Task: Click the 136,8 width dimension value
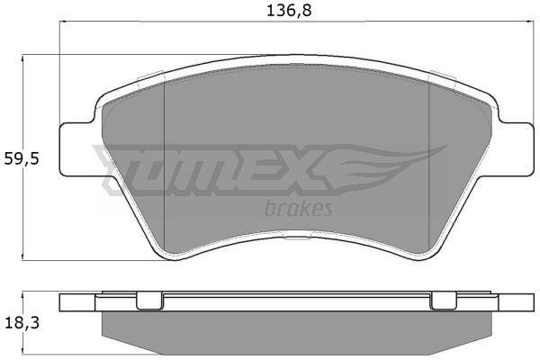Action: click(x=289, y=11)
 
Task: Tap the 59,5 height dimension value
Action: click(x=22, y=159)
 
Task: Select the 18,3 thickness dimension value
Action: click(x=22, y=323)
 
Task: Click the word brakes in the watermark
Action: click(x=299, y=209)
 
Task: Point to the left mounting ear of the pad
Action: click(x=77, y=149)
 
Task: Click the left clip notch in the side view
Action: click(x=150, y=301)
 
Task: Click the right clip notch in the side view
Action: click(x=444, y=301)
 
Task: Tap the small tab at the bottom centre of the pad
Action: click(x=297, y=236)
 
